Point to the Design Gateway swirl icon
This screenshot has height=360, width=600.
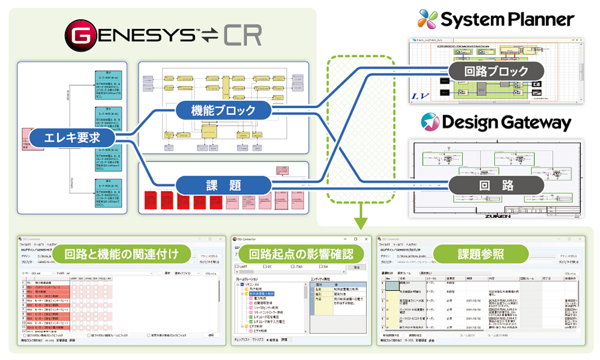tap(431, 122)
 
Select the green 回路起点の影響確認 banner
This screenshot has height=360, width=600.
tap(301, 254)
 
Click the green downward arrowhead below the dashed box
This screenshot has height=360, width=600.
tap(360, 224)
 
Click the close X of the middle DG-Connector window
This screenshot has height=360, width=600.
tap(368, 239)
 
